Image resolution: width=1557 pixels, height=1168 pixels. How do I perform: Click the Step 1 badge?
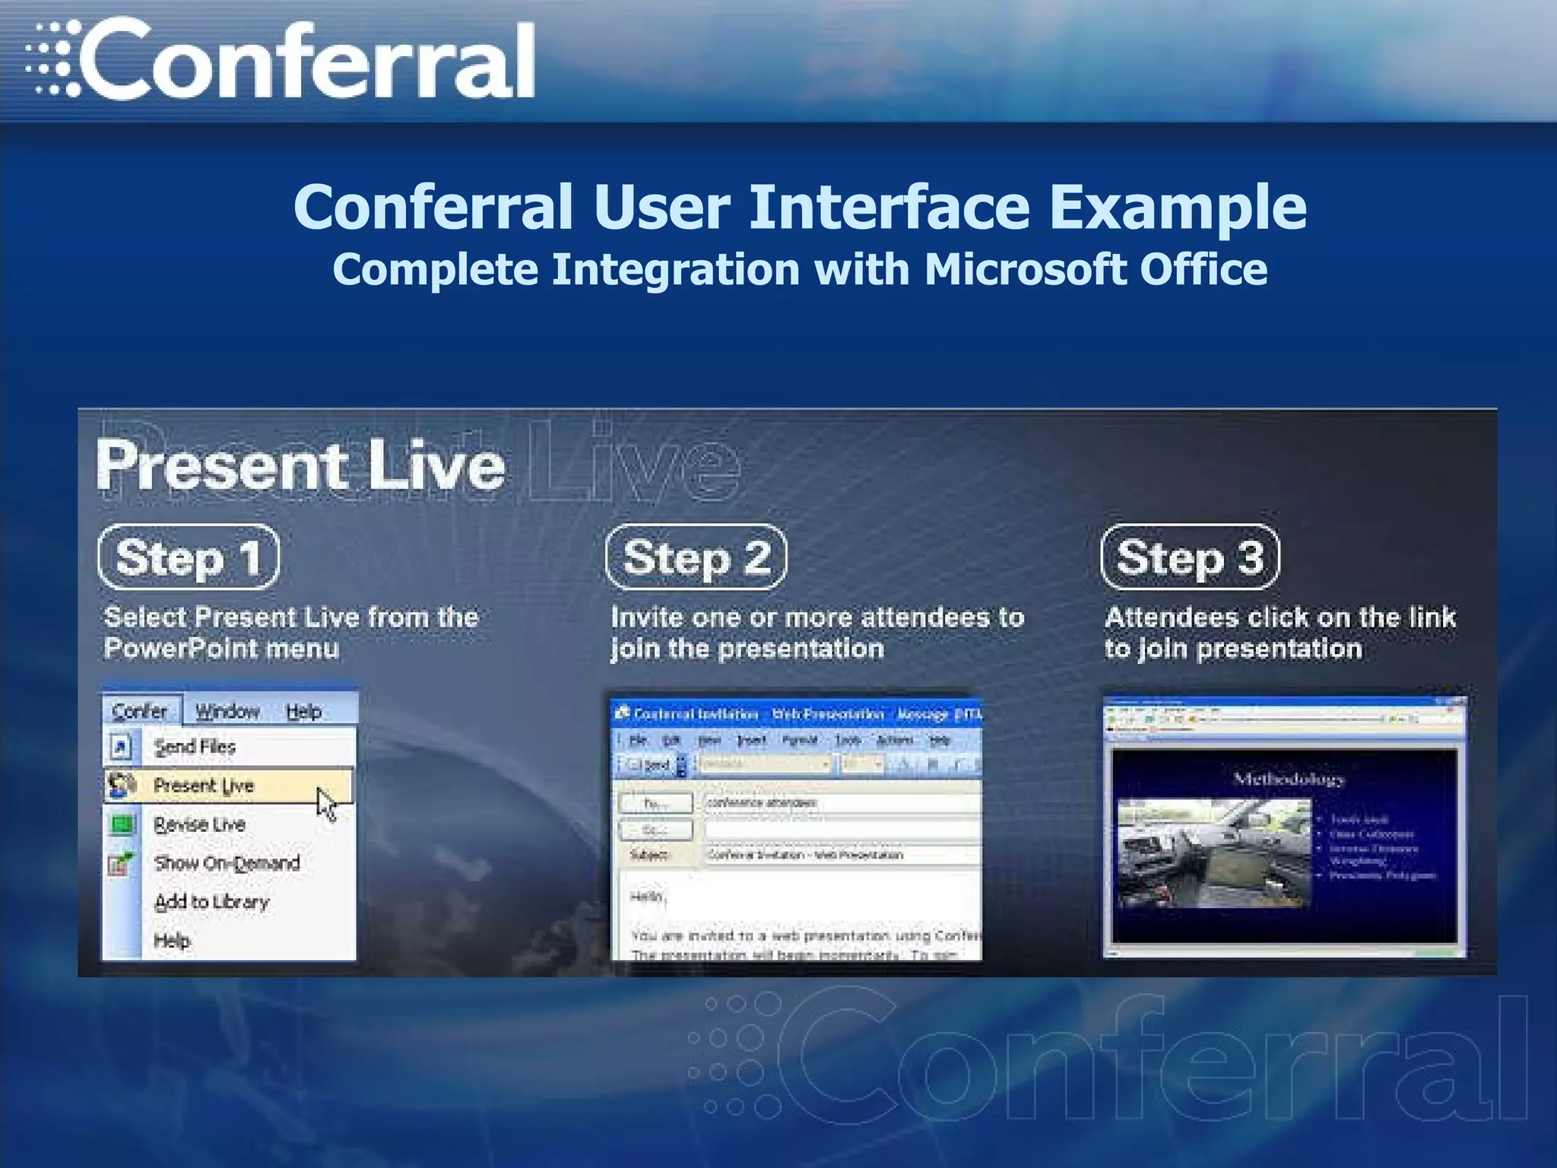[189, 557]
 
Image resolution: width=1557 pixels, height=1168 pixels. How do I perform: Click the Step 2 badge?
[696, 557]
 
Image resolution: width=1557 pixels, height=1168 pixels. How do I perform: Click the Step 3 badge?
[1190, 557]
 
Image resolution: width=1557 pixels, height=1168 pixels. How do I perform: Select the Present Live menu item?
[203, 786]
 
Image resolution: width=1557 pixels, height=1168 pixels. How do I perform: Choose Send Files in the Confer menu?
[195, 747]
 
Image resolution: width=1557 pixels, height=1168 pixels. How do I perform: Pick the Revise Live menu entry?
[199, 824]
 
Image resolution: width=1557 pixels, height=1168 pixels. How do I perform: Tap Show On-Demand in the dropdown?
[227, 863]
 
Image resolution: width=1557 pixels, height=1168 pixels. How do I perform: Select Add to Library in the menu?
[211, 902]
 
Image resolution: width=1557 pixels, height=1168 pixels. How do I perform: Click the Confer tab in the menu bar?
[140, 711]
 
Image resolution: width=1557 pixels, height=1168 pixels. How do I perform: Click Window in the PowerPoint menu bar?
[227, 711]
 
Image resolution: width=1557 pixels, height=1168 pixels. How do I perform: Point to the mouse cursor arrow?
[326, 805]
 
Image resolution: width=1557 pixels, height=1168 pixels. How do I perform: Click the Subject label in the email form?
[648, 855]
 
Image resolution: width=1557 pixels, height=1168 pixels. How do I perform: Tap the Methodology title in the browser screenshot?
[1288, 779]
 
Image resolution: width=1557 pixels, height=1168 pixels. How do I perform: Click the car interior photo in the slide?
[1213, 852]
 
